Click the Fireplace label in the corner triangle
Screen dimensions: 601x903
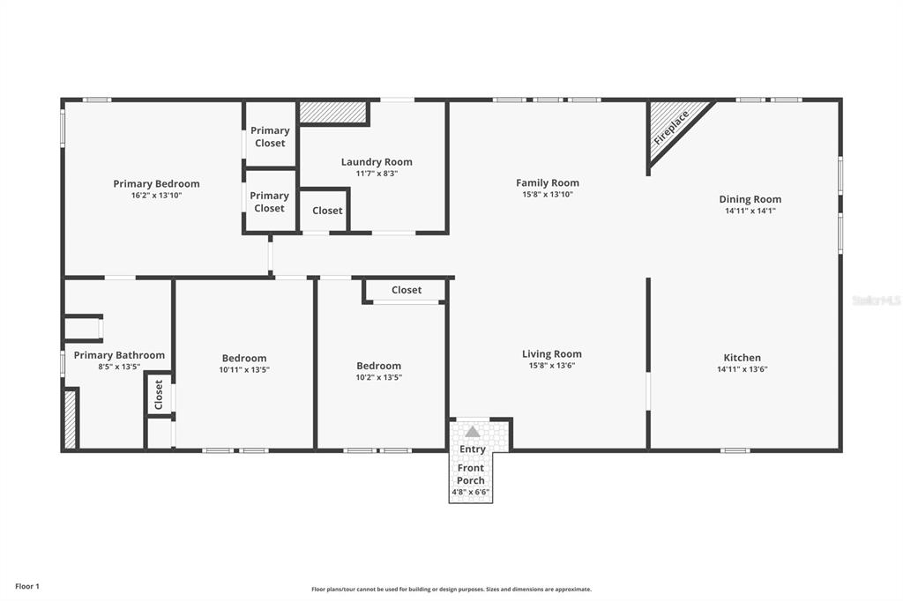point(671,130)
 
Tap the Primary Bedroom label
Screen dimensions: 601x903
point(156,183)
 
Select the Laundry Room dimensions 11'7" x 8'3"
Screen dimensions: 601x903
point(377,174)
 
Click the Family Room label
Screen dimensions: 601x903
point(548,182)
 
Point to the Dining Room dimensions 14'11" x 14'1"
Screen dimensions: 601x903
point(750,211)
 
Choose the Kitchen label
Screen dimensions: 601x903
point(742,357)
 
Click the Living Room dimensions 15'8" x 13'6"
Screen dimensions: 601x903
point(551,366)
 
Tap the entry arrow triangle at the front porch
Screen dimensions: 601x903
point(473,432)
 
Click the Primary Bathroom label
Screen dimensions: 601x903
point(119,355)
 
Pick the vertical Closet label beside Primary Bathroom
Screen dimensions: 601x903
point(159,394)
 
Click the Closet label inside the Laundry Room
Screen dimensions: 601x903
point(327,211)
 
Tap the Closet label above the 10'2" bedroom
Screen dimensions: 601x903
point(407,290)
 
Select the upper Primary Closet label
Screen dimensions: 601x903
point(270,137)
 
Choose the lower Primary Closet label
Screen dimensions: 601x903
point(269,202)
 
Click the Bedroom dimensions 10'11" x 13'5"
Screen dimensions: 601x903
point(244,370)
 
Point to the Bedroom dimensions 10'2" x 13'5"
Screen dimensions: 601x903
point(378,377)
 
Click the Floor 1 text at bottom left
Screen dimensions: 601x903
point(27,586)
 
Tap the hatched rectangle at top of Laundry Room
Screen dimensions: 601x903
point(332,112)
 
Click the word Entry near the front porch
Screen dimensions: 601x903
point(473,449)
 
